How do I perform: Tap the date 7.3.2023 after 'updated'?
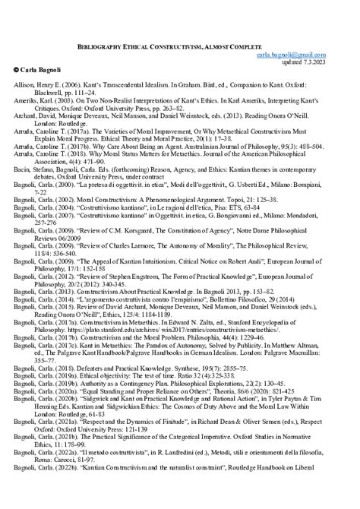335,62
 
